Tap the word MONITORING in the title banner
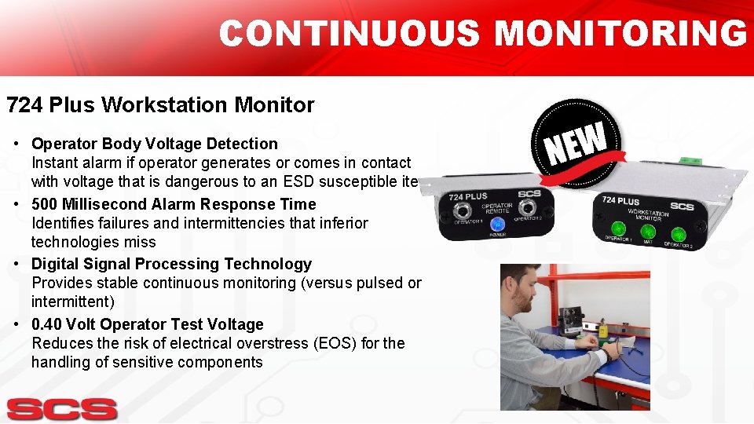click(620, 35)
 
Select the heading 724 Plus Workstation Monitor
click(160, 105)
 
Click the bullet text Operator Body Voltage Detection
click(155, 144)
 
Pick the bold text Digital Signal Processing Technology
click(171, 264)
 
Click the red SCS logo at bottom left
click(62, 409)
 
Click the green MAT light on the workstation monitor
click(647, 232)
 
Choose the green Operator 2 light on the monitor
click(677, 234)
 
